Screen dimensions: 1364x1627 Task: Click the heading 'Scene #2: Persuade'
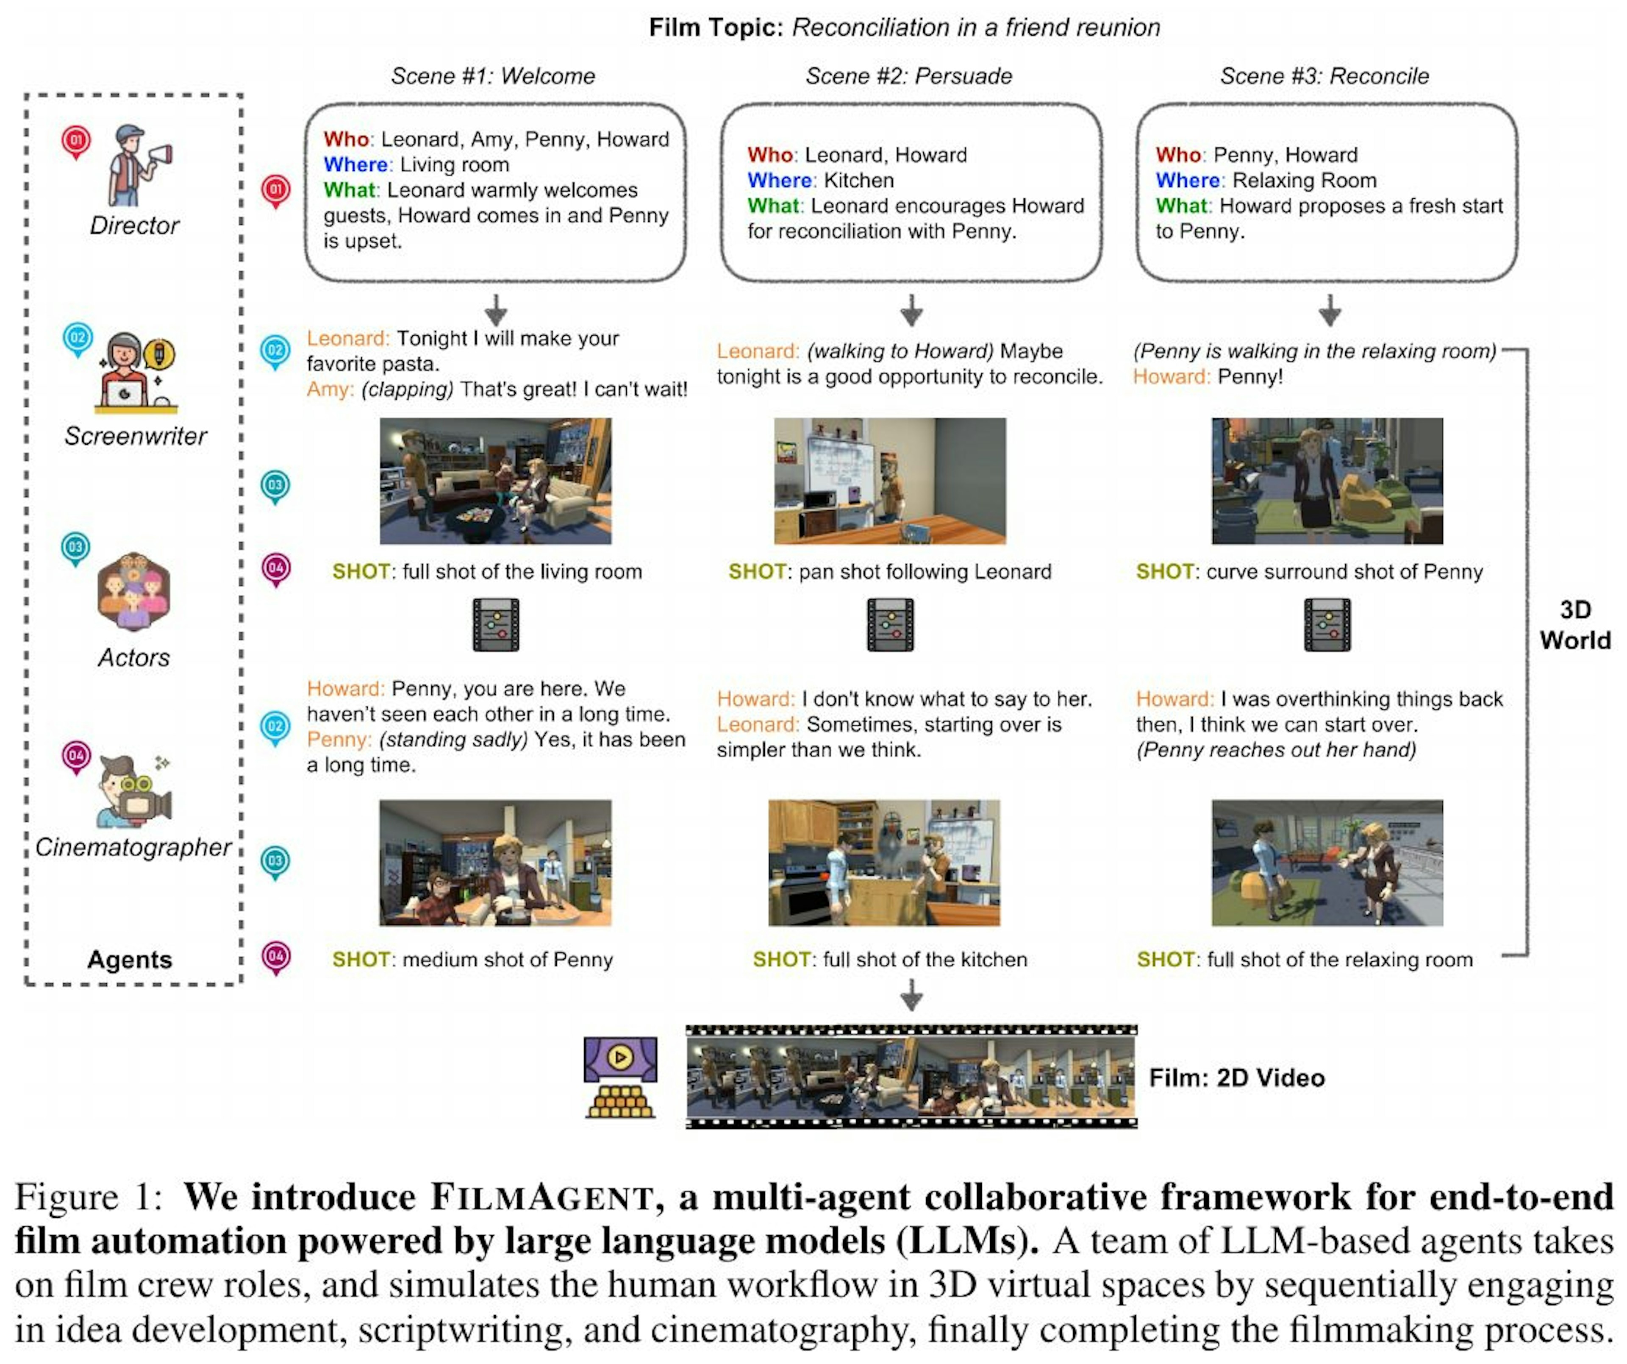[x=909, y=76]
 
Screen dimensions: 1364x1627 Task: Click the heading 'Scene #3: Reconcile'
[x=1324, y=76]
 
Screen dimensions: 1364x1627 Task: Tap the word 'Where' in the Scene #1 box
[x=355, y=165]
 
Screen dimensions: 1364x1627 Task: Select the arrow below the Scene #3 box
[x=1330, y=310]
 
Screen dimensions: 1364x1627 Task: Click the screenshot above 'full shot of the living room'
[x=495, y=481]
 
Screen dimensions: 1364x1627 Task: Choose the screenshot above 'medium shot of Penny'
[x=495, y=863]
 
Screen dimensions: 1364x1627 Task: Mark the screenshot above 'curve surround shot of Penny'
[x=1327, y=481]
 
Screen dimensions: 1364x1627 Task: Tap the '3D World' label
[x=1574, y=625]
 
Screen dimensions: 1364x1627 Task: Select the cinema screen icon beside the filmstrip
[x=621, y=1077]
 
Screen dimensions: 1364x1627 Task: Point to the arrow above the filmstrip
[x=911, y=994]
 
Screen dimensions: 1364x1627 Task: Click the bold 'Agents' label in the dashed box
[x=129, y=960]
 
